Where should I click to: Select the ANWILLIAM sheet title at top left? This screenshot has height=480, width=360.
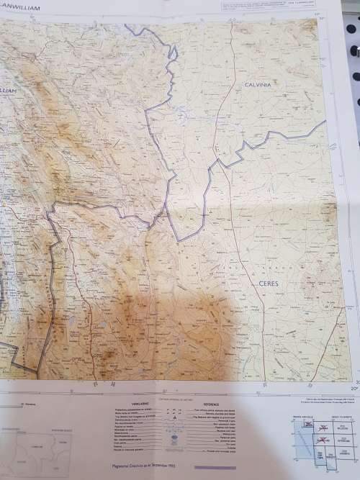pyautogui.click(x=22, y=9)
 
